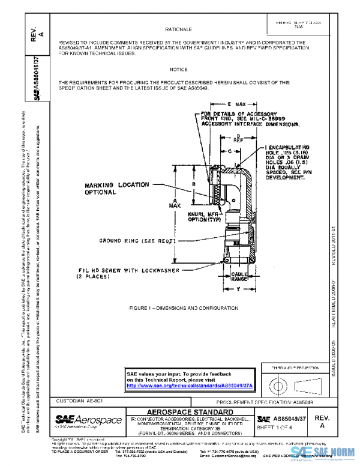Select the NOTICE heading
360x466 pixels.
pos(178,70)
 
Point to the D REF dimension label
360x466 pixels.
pos(238,138)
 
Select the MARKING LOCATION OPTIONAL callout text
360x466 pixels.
pos(113,189)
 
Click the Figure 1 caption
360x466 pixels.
pos(178,307)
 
